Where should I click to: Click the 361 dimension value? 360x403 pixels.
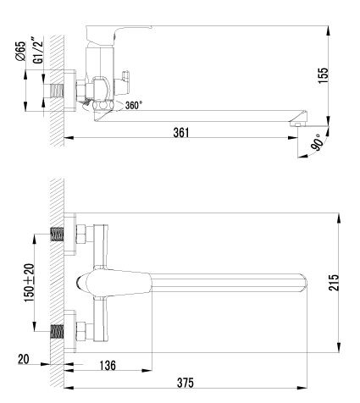click(x=181, y=132)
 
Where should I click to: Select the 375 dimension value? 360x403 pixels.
click(x=186, y=383)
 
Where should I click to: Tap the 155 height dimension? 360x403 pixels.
click(x=324, y=75)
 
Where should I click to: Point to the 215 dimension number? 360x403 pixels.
click(x=334, y=282)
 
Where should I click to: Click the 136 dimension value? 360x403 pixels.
click(x=108, y=366)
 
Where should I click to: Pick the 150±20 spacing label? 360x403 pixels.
click(x=29, y=283)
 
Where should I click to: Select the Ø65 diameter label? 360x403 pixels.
click(x=20, y=51)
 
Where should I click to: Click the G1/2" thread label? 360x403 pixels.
click(x=38, y=50)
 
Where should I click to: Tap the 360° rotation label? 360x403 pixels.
click(x=134, y=105)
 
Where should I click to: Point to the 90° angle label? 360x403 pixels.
click(x=317, y=143)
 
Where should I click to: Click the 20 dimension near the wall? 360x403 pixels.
click(x=24, y=360)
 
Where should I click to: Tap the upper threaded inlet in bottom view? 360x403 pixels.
click(x=57, y=235)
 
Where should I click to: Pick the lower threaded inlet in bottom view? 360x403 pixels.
click(x=57, y=332)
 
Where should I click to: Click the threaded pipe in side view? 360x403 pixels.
click(x=57, y=91)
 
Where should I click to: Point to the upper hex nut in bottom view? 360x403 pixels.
click(x=80, y=235)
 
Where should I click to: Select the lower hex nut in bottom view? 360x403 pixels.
click(x=80, y=331)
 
